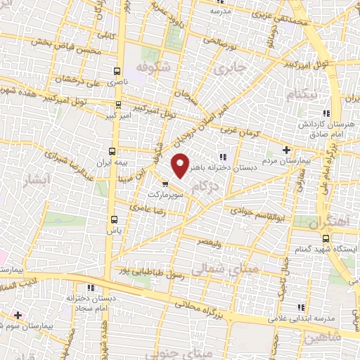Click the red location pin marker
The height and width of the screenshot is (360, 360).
pyautogui.click(x=181, y=165)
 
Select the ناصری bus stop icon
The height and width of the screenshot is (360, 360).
pyautogui.click(x=117, y=71)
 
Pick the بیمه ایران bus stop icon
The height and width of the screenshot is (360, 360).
pyautogui.click(x=112, y=151)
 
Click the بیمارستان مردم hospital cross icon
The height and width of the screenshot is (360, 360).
pyautogui.click(x=286, y=150)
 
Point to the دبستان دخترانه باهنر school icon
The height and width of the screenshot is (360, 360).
pyautogui.click(x=223, y=157)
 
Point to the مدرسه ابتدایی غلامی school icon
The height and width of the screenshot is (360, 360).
pyautogui.click(x=302, y=307)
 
